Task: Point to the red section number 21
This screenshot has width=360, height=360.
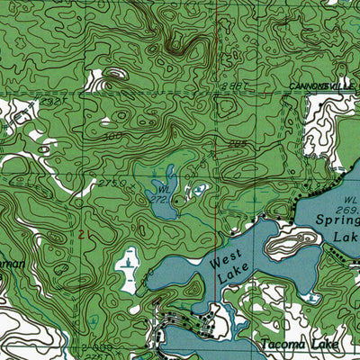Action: click(x=84, y=234)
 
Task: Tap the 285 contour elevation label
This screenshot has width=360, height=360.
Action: click(x=238, y=142)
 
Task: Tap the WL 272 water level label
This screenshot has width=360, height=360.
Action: click(x=163, y=193)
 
